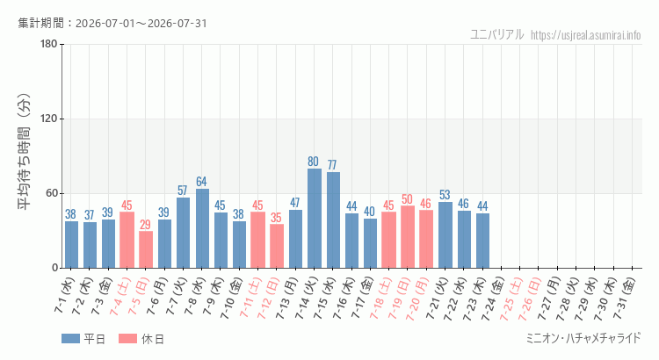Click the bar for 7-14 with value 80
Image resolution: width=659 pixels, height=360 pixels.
(315, 218)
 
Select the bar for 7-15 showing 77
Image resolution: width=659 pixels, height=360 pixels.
(333, 220)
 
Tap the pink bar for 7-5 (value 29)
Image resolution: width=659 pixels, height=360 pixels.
(146, 249)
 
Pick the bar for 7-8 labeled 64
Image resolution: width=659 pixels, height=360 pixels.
(202, 228)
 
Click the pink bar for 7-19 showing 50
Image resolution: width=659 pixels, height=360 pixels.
(408, 237)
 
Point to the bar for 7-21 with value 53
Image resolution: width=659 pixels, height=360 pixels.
(445, 234)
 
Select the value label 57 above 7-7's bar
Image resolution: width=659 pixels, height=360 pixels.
(183, 191)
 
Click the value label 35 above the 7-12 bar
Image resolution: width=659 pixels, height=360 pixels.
(276, 218)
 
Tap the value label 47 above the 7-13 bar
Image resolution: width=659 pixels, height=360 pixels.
(295, 203)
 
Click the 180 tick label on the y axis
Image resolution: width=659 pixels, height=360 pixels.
(49, 44)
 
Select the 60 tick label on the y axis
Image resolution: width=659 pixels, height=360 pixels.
(52, 194)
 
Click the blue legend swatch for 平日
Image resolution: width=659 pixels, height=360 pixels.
(70, 339)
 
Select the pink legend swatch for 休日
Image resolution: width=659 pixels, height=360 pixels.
(127, 339)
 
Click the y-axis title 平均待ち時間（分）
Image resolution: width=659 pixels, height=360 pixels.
(24, 152)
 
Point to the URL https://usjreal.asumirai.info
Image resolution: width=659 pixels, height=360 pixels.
(586, 35)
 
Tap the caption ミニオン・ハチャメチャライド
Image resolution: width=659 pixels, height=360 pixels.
(583, 338)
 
